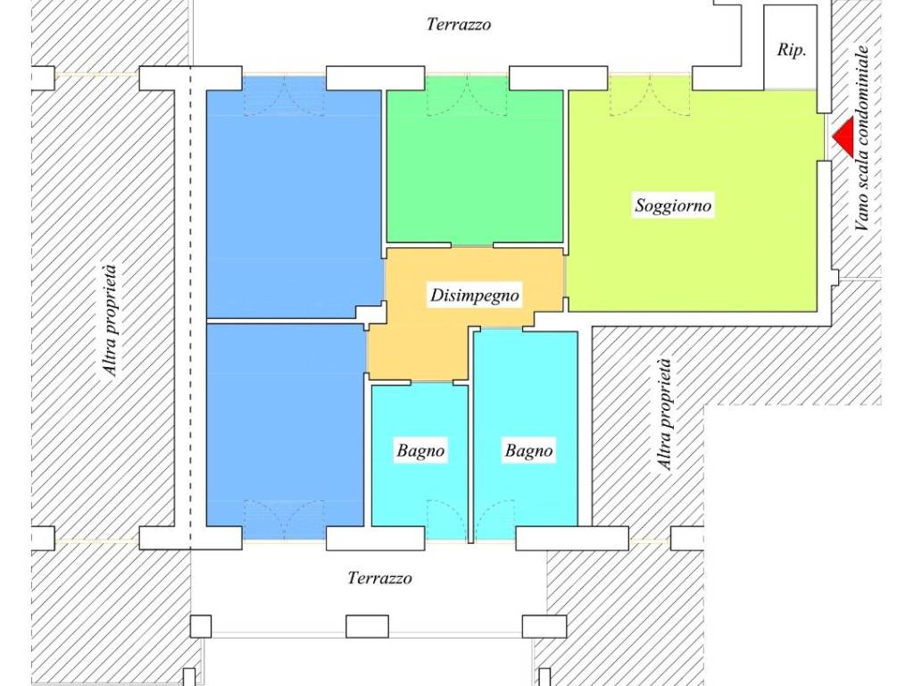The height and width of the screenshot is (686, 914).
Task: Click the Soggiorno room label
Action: (x=673, y=205)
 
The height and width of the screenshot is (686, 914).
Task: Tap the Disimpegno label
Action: (x=475, y=295)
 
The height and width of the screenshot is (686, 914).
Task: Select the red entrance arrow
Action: (x=843, y=138)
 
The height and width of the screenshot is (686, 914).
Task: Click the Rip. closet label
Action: (x=792, y=50)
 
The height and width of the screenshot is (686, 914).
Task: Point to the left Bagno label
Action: (x=420, y=450)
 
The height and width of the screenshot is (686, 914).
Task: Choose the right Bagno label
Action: (x=528, y=450)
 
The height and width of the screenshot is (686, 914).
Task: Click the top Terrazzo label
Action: (x=459, y=24)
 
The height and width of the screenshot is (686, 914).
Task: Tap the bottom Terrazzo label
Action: (x=380, y=578)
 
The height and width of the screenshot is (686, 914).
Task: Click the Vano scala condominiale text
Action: (x=861, y=138)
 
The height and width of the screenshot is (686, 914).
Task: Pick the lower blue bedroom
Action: (x=286, y=431)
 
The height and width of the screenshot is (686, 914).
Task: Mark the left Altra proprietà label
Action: (x=109, y=321)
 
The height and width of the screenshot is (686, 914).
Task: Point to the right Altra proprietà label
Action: (x=665, y=414)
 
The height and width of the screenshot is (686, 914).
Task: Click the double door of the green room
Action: (x=467, y=96)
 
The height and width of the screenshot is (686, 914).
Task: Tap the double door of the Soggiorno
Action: (x=650, y=96)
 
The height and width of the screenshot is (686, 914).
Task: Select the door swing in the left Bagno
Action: (x=446, y=520)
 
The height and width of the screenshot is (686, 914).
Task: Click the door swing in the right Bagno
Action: (x=494, y=520)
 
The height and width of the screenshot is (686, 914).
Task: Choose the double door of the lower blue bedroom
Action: (x=284, y=520)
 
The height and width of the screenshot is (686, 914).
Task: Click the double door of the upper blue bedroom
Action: (x=284, y=96)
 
